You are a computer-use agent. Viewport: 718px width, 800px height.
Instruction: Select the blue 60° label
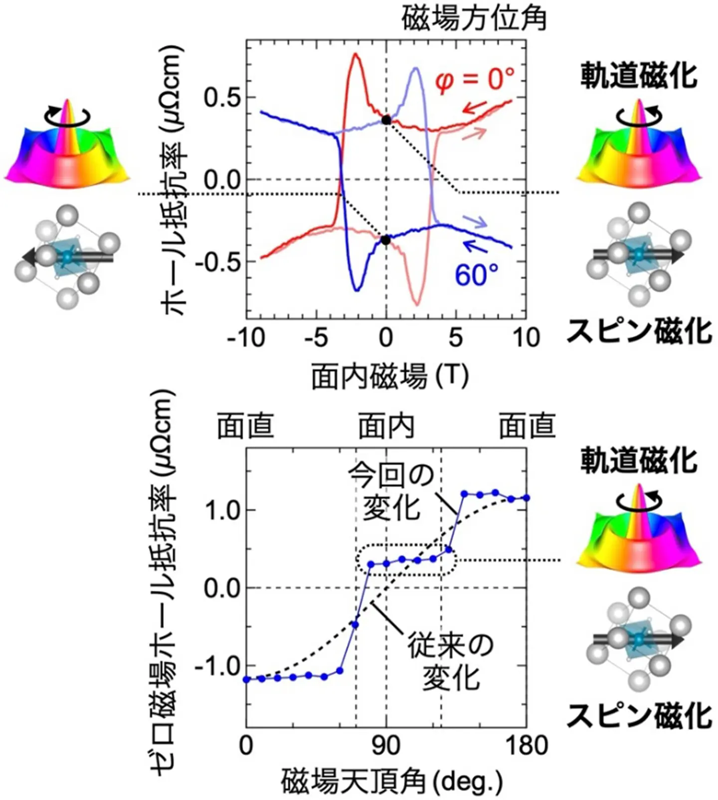476,275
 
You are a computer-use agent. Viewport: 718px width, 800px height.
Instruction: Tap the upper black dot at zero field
385,120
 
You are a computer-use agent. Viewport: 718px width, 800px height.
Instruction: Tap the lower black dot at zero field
385,240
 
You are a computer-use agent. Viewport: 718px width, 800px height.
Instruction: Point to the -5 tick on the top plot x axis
316,338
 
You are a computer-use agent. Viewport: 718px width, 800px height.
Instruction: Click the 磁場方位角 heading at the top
474,19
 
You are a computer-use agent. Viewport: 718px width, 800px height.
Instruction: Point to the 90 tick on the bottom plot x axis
386,746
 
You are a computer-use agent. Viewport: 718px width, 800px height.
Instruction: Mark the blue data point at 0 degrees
246,679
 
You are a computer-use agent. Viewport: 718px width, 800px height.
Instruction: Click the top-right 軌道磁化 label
639,77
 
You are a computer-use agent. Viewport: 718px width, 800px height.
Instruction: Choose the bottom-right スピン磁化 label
639,717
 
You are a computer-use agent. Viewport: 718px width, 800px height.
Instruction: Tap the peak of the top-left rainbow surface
67,103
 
